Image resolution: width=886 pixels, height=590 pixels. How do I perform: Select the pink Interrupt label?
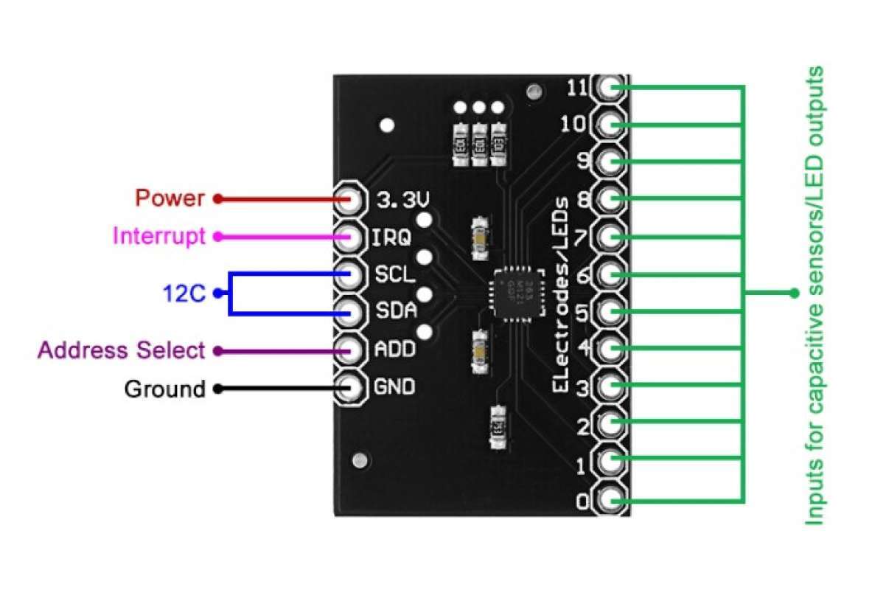pos(158,236)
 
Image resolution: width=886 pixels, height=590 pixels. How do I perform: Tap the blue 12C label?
pos(184,294)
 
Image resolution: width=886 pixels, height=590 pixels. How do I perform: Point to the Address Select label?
pos(121,350)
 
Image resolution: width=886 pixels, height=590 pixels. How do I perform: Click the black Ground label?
pos(164,389)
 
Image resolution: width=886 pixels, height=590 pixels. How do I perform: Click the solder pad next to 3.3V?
pos(350,199)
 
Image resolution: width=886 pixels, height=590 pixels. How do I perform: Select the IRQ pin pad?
pos(350,237)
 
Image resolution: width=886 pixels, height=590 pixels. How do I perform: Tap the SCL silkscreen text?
pos(394,274)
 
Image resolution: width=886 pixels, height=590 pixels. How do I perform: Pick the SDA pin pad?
pos(350,313)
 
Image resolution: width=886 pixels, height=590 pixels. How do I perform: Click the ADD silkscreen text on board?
pos(394,350)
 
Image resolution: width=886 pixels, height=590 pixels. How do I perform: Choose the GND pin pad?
pos(350,387)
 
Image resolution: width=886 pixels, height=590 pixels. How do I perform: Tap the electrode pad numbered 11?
pos(610,88)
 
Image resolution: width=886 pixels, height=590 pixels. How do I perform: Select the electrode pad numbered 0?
pos(610,501)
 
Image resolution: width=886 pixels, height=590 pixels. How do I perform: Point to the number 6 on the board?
pos(584,275)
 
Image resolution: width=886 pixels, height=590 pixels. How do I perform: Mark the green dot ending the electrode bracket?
pos(794,293)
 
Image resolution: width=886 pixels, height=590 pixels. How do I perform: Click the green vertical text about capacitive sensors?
pos(814,295)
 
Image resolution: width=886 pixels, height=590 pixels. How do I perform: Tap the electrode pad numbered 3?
pos(610,387)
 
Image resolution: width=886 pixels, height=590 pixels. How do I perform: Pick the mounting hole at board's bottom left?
pos(358,460)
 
